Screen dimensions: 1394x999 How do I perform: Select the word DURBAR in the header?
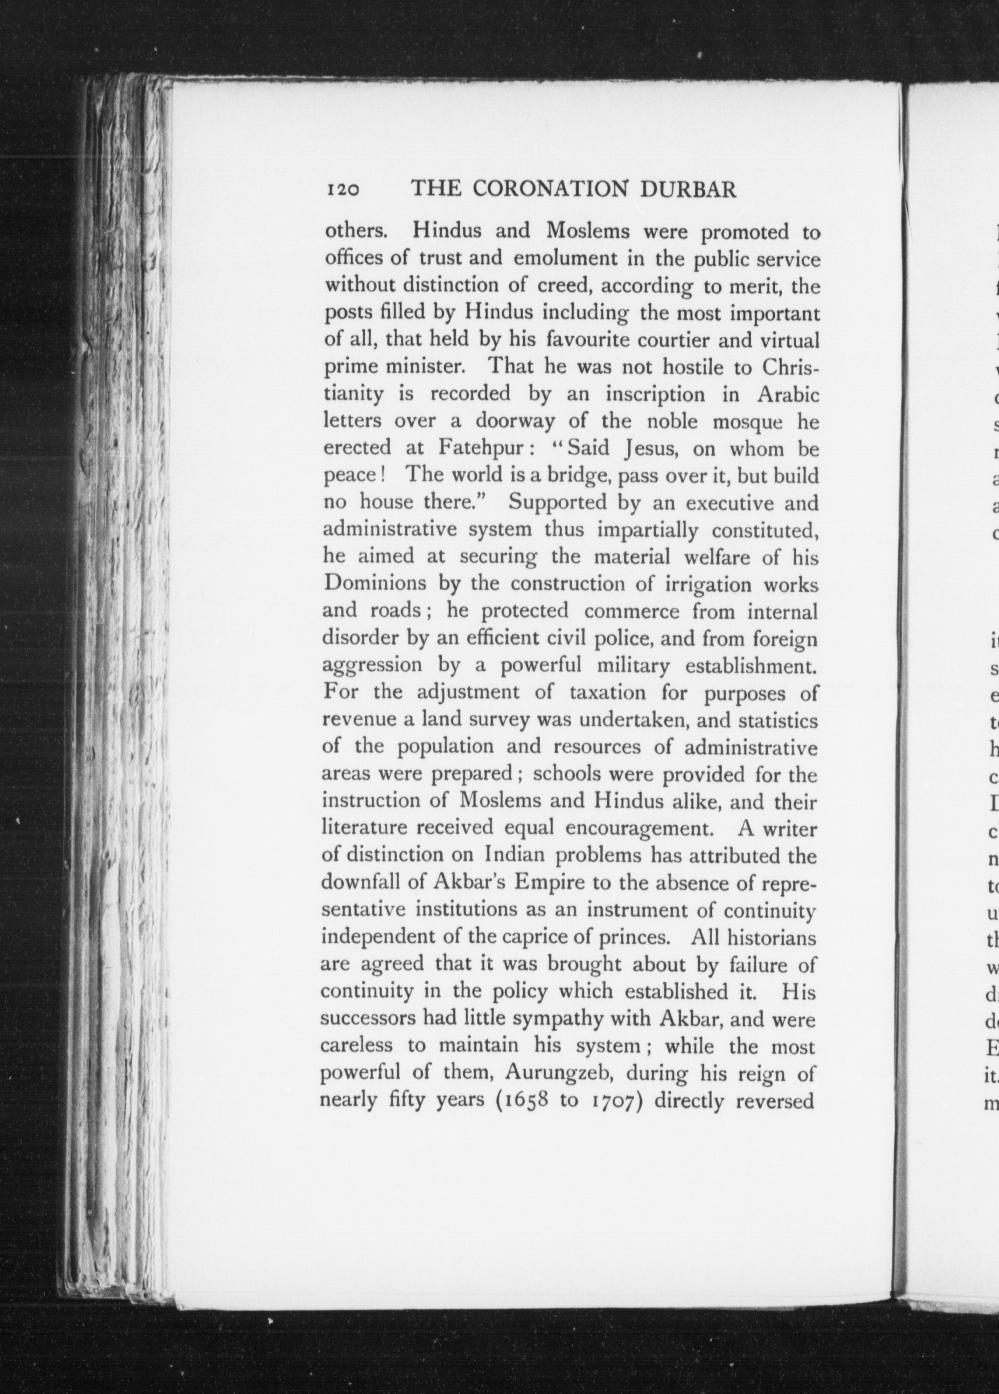click(688, 189)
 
